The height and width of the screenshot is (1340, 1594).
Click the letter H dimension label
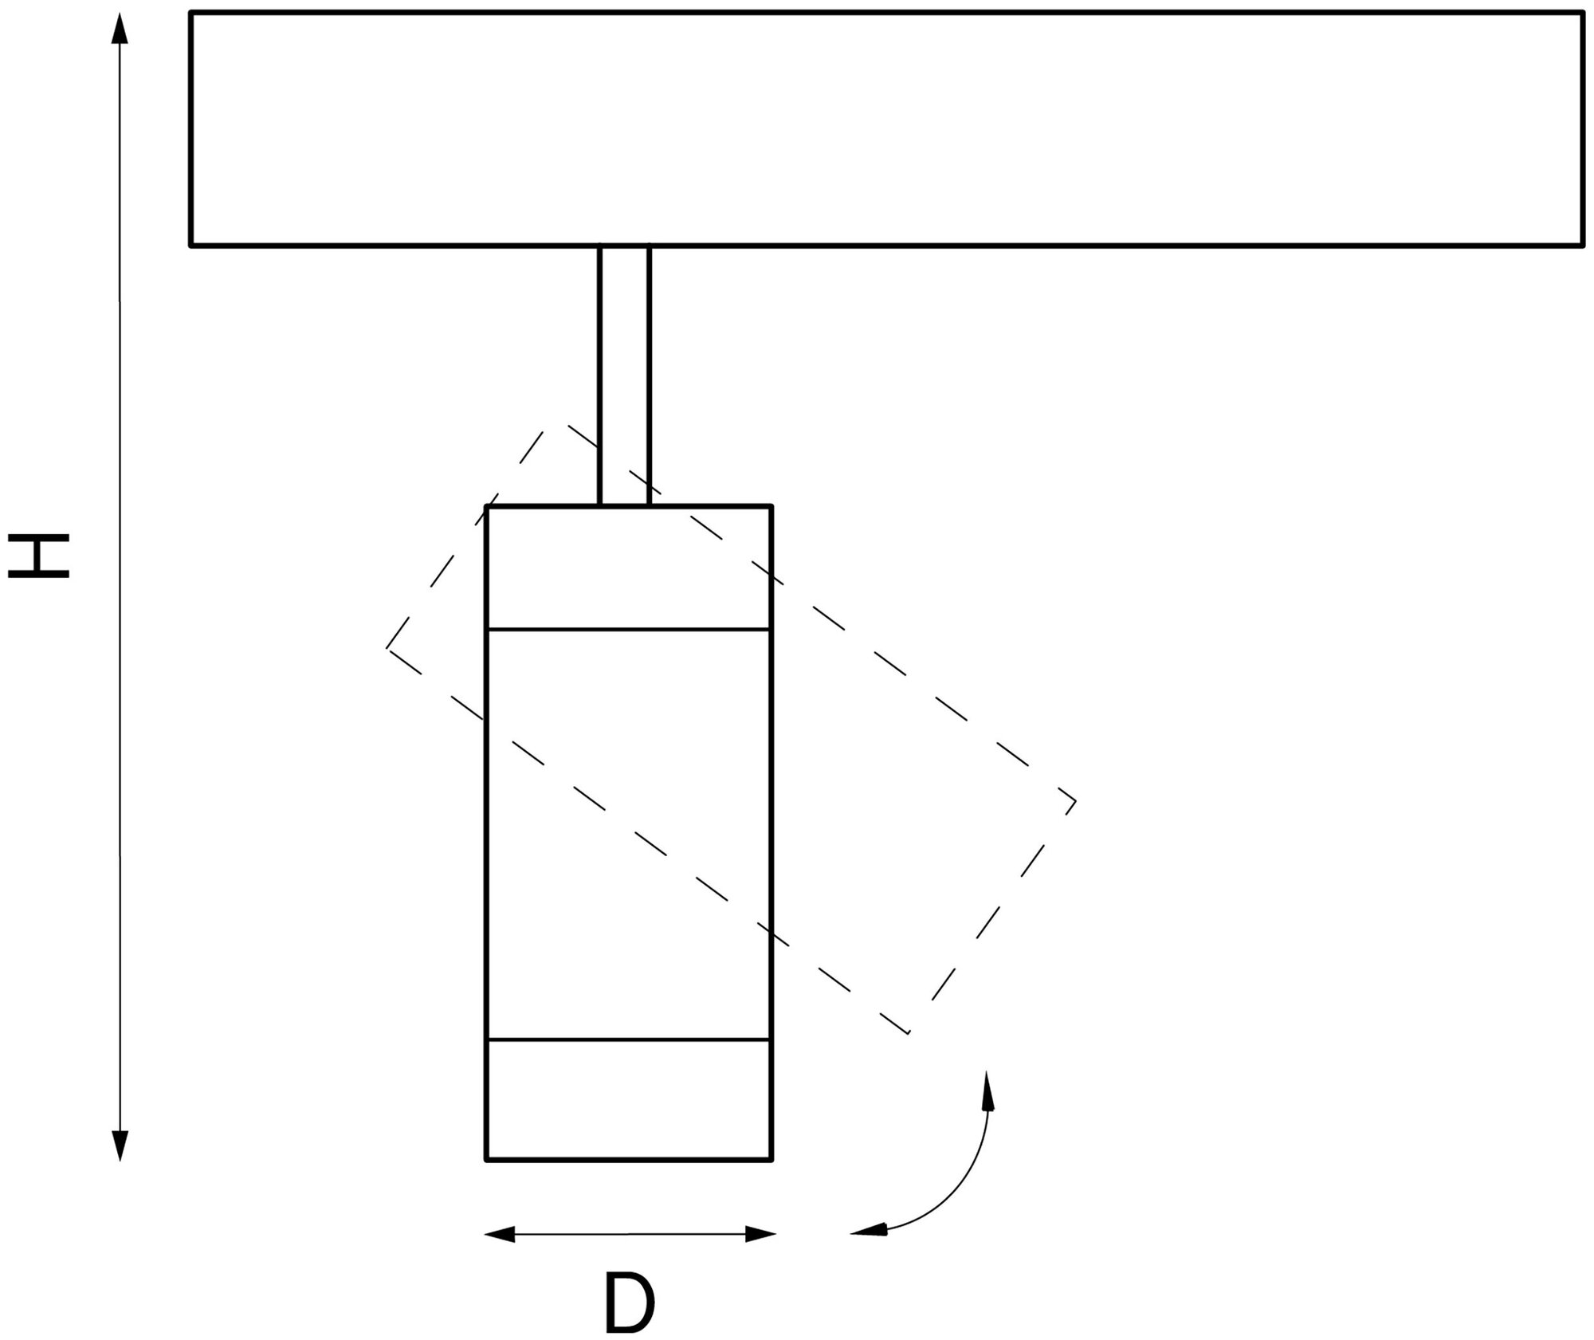(x=40, y=556)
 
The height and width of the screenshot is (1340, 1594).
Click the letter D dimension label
(x=629, y=1303)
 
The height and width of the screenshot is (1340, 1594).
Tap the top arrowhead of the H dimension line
(x=120, y=29)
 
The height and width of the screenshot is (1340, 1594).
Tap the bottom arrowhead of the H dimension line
(x=120, y=1145)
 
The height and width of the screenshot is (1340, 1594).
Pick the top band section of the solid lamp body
(x=629, y=567)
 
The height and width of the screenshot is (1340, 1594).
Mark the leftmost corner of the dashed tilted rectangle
(x=388, y=647)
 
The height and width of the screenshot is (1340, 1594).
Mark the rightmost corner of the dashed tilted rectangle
(x=1075, y=800)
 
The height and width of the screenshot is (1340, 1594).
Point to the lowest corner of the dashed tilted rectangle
(x=909, y=1033)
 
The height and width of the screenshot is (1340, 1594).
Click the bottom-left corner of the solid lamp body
(x=487, y=1158)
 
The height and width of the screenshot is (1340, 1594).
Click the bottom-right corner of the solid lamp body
(x=771, y=1158)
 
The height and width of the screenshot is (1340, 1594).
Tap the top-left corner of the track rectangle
(x=191, y=13)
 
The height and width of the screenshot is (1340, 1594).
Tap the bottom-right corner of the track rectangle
(x=1582, y=245)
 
